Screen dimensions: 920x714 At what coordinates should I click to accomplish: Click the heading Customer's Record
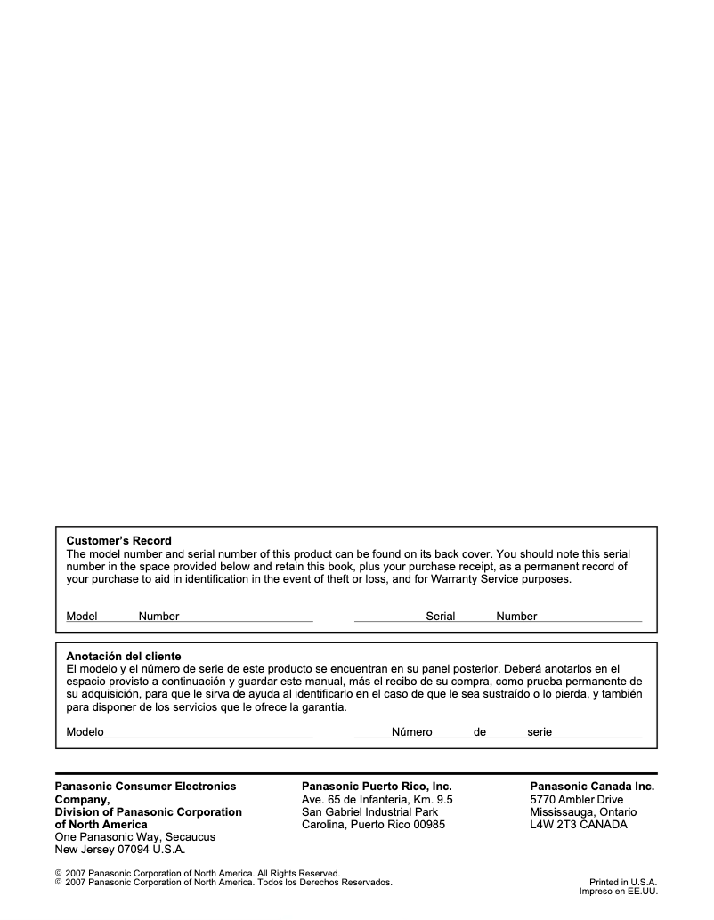[x=119, y=540]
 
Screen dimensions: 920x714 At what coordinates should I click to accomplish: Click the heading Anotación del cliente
[x=124, y=656]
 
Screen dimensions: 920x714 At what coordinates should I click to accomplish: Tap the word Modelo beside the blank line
[x=85, y=732]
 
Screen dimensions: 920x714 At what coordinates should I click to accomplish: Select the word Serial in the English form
[x=441, y=617]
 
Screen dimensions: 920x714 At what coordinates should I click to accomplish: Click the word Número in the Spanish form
[x=411, y=732]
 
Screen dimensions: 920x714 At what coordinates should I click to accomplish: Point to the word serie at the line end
[x=540, y=732]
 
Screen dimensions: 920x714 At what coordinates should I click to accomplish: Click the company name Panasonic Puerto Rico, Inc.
[x=377, y=787]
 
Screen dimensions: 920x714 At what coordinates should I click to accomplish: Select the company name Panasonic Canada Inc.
[x=592, y=787]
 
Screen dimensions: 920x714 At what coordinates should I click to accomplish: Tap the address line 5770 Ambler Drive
[x=577, y=800]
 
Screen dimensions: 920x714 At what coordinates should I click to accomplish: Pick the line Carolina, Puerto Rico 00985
[x=374, y=825]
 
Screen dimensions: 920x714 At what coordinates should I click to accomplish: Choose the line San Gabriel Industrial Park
[x=369, y=812]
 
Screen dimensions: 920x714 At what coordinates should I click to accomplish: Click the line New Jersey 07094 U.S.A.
[x=120, y=850]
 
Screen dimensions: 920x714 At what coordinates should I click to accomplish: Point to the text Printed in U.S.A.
[x=623, y=882]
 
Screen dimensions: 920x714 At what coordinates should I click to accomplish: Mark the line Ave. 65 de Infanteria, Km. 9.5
[x=377, y=800]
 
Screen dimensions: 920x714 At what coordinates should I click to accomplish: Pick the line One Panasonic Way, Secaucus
[x=135, y=837]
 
